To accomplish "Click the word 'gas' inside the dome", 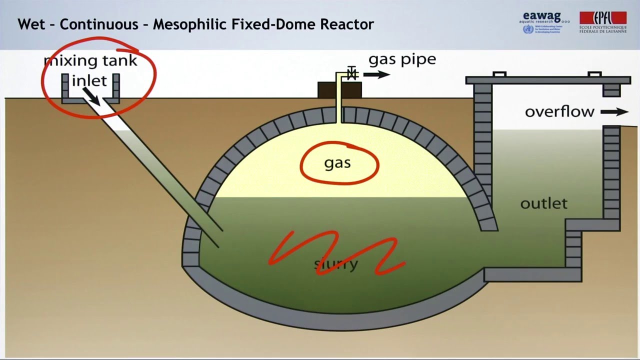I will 337,163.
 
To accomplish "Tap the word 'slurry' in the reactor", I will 336,263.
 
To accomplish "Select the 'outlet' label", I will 543,203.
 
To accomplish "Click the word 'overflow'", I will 559,111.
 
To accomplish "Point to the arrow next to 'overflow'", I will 614,112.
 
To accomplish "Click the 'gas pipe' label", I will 402,59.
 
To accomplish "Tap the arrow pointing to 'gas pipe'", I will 376,75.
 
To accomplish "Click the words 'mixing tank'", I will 90,61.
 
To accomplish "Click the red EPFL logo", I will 602,18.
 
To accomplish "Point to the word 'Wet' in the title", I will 29,24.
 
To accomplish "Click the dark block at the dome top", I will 340,90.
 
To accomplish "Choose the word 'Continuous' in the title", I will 98,24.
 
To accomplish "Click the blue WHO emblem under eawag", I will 527,29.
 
